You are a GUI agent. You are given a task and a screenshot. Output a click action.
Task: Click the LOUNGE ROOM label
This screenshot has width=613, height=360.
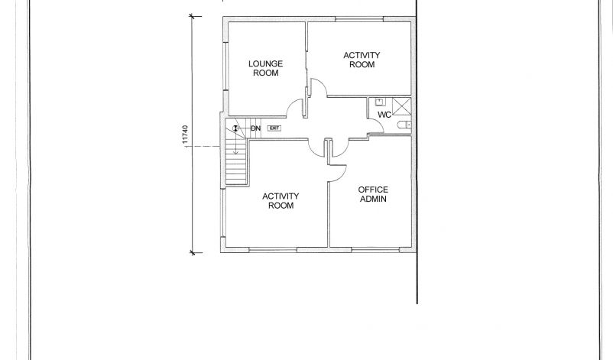click(265, 68)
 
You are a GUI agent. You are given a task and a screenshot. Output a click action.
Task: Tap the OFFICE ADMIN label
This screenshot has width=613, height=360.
click(373, 194)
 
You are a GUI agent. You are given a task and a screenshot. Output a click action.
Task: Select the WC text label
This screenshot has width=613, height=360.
click(384, 115)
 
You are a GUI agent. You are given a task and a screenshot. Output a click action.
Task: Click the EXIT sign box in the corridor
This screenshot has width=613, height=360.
click(274, 128)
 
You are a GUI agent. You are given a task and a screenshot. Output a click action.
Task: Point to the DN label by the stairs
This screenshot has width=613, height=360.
click(255, 128)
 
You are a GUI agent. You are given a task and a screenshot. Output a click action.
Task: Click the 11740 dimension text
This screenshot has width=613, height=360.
click(185, 135)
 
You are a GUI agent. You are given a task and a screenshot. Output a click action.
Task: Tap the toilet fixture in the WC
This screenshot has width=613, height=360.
click(404, 125)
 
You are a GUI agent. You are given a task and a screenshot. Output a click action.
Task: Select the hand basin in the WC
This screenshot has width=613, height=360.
click(380, 102)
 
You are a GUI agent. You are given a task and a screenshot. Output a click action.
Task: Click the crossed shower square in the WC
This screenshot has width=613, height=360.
click(401, 106)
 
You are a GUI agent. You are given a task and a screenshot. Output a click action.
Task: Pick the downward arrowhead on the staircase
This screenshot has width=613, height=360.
click(235, 152)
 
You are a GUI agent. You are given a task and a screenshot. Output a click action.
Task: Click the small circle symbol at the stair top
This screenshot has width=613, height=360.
click(235, 128)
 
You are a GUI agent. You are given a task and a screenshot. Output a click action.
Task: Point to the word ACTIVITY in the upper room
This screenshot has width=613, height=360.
click(362, 55)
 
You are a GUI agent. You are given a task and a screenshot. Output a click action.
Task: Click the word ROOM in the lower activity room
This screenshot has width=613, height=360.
click(281, 206)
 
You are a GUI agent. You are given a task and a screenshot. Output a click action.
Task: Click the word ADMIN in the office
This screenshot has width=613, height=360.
click(373, 199)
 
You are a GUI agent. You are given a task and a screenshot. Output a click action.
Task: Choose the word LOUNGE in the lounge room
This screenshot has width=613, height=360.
click(265, 63)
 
